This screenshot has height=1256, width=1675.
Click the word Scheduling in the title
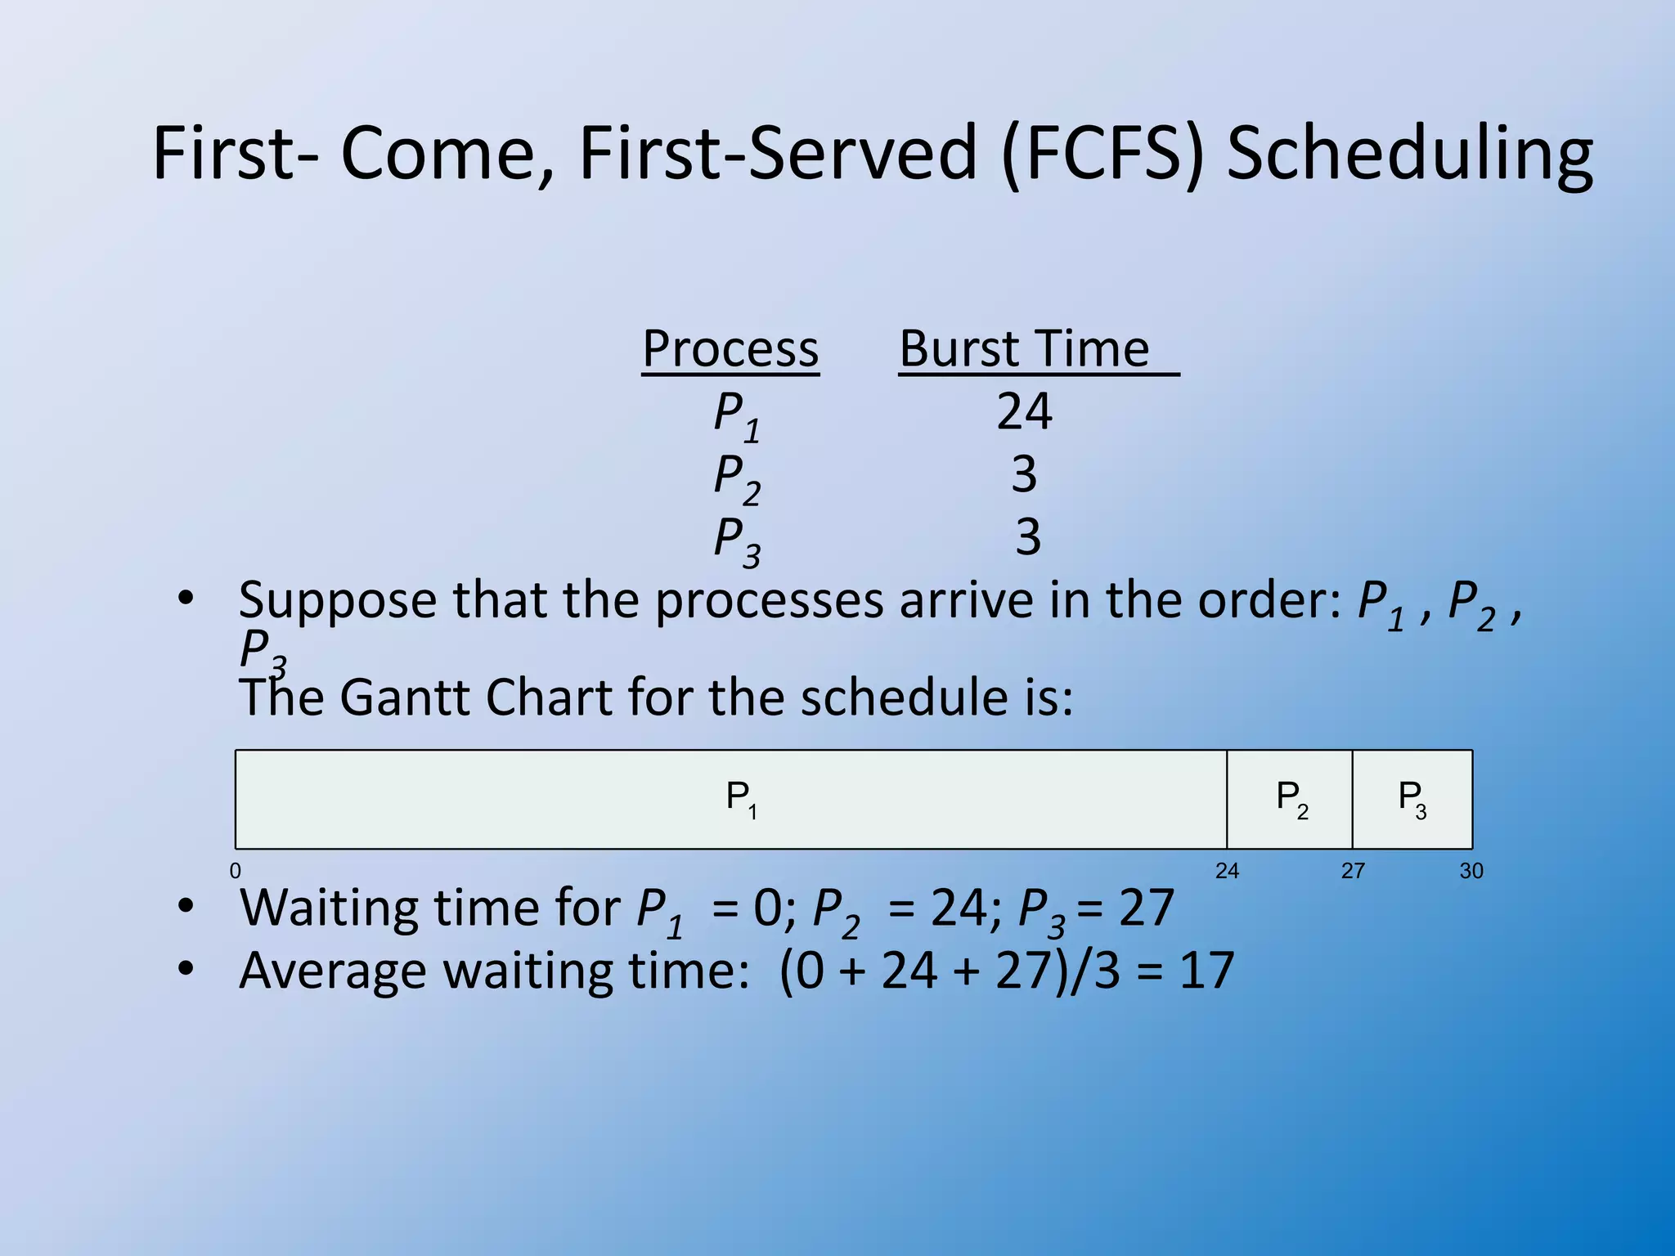coord(1409,154)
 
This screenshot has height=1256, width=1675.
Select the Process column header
coord(730,349)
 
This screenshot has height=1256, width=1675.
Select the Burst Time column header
coord(1024,349)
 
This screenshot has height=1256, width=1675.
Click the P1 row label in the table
coord(736,415)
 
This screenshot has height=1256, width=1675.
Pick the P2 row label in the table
coord(736,478)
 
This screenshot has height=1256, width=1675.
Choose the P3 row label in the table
coord(736,541)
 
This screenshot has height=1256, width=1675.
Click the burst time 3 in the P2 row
coord(1024,474)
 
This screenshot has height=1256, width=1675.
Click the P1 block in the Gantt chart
coord(730,799)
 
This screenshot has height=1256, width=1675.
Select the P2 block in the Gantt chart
coord(1289,799)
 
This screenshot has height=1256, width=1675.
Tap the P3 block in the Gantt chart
coord(1412,799)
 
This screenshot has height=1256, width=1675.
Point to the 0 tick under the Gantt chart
coord(236,871)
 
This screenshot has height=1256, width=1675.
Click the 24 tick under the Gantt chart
coord(1227,871)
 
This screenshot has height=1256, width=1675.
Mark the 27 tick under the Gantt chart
coord(1353,871)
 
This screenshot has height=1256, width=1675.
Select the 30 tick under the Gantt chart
coord(1471,871)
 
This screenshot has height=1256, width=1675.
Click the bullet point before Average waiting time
coord(186,969)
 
